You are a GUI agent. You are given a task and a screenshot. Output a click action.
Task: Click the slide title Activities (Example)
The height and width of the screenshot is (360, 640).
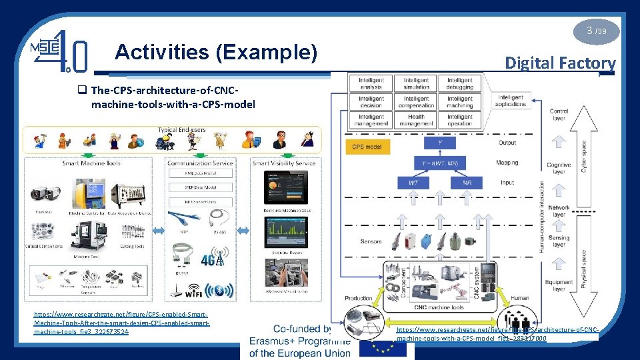(x=216, y=51)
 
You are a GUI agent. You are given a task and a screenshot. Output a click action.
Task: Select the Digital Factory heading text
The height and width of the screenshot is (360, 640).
(x=559, y=63)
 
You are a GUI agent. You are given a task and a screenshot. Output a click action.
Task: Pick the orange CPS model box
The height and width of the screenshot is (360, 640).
(x=367, y=147)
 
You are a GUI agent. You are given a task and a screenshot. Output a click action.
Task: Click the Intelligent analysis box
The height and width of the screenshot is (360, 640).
(x=371, y=83)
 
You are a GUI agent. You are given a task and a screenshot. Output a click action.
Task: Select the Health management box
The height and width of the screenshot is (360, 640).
(x=416, y=120)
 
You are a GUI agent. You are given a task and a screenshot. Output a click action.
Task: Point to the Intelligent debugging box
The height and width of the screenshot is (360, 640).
(x=460, y=83)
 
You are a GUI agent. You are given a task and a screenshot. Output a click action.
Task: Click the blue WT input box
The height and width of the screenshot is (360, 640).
(x=413, y=182)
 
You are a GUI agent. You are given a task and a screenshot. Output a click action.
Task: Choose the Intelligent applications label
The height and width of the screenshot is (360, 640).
(x=511, y=101)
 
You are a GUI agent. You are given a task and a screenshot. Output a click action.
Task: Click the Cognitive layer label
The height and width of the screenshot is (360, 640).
(x=559, y=168)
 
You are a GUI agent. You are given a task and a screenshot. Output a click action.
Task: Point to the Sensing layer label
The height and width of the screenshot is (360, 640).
(x=559, y=241)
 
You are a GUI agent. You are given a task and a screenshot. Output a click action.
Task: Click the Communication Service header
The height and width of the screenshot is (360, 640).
(x=200, y=163)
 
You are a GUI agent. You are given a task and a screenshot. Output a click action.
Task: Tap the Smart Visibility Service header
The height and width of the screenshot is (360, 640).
(x=284, y=163)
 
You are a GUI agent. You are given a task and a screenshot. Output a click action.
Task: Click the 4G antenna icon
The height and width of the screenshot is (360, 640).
(x=217, y=256)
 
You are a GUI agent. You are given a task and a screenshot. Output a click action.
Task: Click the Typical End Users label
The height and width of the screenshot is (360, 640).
(x=182, y=129)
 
